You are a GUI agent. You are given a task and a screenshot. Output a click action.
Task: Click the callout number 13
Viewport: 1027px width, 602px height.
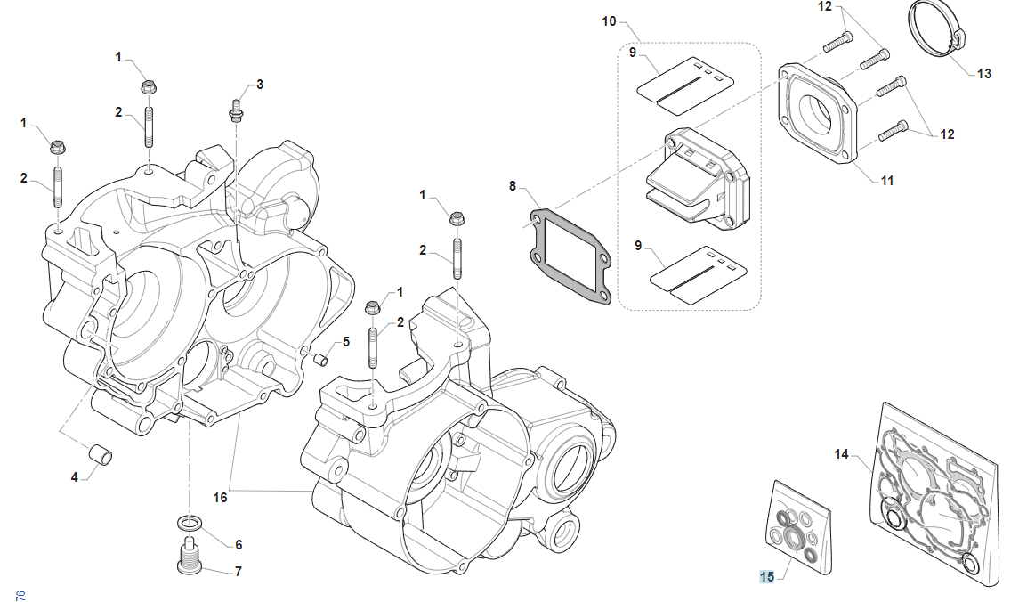(x=983, y=74)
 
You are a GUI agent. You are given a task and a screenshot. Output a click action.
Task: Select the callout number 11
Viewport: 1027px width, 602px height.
(x=886, y=181)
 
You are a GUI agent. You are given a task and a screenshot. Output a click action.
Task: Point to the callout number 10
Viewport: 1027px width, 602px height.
(x=609, y=20)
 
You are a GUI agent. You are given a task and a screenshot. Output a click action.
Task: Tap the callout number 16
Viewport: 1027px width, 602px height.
(x=220, y=497)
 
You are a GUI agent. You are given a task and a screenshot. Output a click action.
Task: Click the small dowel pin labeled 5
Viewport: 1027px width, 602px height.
(x=322, y=360)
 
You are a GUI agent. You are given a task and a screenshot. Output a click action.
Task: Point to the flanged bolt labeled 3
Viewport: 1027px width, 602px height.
(x=236, y=111)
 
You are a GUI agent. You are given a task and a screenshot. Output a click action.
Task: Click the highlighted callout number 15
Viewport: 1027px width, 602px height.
(x=766, y=576)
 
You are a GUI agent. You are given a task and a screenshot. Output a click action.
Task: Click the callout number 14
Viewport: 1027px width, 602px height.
(x=841, y=454)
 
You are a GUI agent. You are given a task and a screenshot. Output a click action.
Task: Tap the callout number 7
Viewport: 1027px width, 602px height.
(x=238, y=572)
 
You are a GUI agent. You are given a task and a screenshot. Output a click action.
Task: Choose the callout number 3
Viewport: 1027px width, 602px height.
(x=259, y=85)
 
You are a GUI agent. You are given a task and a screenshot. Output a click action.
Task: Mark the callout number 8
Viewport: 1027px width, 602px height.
(x=513, y=186)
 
